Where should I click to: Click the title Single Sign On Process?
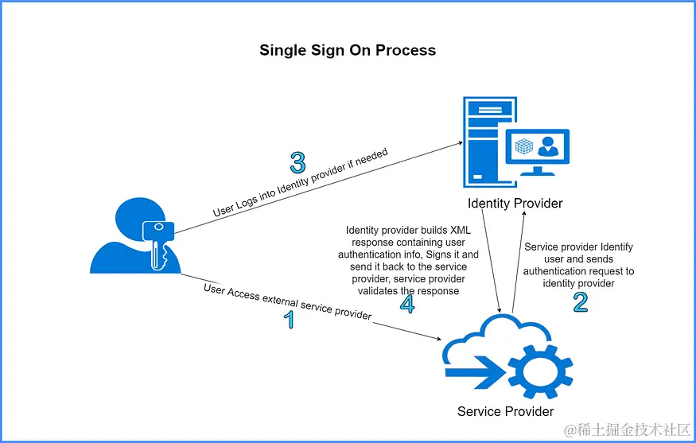point(348,50)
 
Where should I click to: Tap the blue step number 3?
point(297,163)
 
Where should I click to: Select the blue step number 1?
point(290,320)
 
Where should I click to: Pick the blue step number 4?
point(407,304)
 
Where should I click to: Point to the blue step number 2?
point(581,302)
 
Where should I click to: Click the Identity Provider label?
point(515,204)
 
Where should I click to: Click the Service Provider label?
point(506,411)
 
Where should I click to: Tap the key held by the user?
point(157,244)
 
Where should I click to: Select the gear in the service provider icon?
point(540,371)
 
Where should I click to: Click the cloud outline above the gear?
point(496,338)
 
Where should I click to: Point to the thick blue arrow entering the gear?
point(476,372)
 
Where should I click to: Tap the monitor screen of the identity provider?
point(537,146)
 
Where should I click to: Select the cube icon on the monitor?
point(523,146)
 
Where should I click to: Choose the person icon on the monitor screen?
point(548,146)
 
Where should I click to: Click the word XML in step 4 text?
point(461,230)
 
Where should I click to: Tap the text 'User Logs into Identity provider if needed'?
point(301,182)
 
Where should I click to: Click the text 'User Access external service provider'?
point(288,302)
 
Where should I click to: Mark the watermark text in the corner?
point(628,429)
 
